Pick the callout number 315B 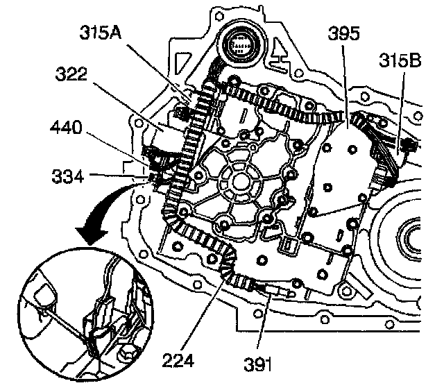[400, 62]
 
